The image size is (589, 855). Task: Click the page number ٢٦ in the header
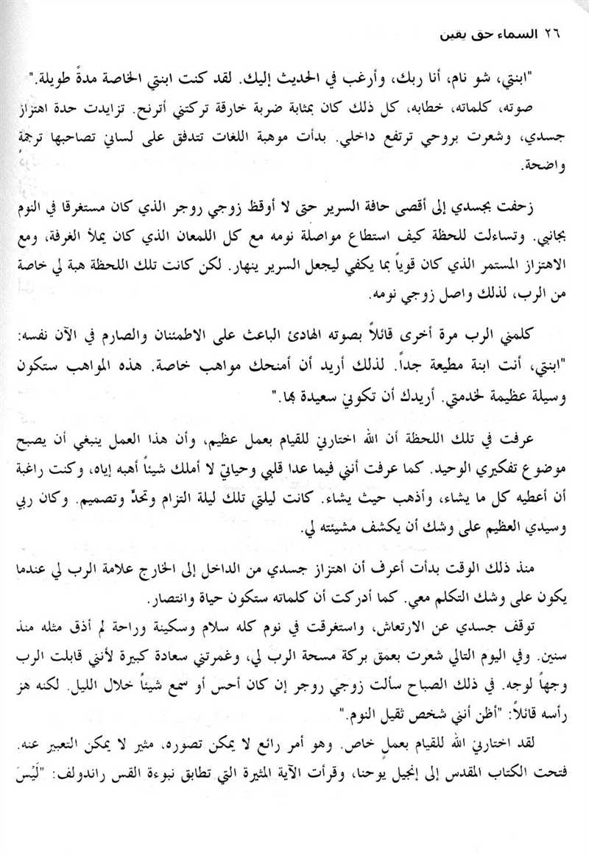[x=551, y=36]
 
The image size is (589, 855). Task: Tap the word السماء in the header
[x=518, y=36]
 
